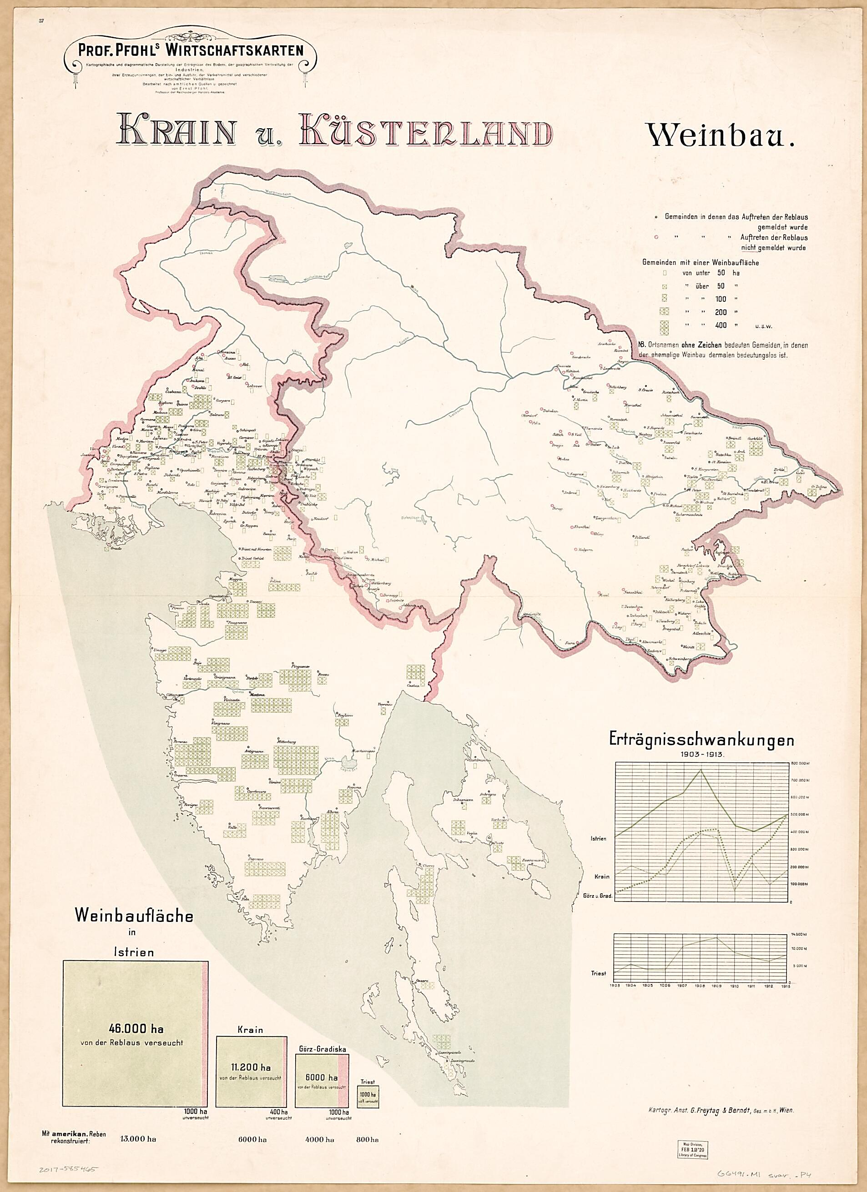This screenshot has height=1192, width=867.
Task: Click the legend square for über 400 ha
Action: pos(665,326)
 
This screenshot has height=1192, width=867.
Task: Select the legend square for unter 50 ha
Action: pos(665,273)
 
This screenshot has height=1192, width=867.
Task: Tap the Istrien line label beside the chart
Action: pos(598,838)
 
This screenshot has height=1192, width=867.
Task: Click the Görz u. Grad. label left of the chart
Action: pos(598,896)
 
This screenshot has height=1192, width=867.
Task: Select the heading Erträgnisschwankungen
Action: pos(701,740)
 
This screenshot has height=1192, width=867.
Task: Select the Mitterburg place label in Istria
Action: pos(287,741)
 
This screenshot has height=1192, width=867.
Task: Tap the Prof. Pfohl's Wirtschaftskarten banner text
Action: pos(191,50)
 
